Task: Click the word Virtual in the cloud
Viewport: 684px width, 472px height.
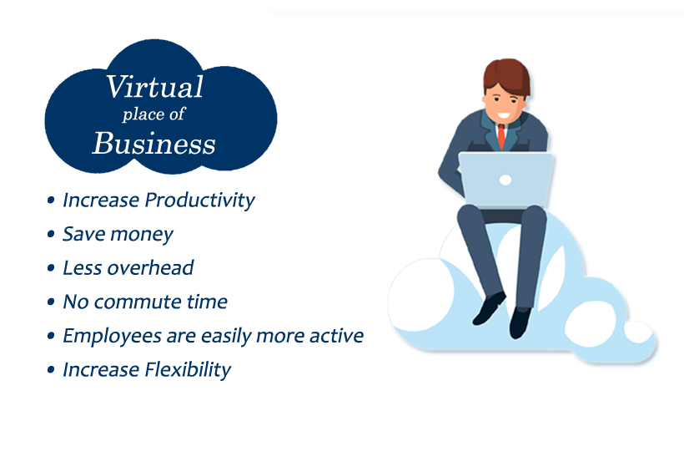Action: pyautogui.click(x=154, y=87)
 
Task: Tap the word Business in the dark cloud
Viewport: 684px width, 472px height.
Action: pyautogui.click(x=154, y=144)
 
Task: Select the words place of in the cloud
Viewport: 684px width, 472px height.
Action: pyautogui.click(x=154, y=114)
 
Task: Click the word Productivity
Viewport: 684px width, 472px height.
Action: pyautogui.click(x=200, y=200)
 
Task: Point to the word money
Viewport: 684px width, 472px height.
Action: pyautogui.click(x=142, y=235)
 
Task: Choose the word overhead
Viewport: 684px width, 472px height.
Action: pyautogui.click(x=150, y=267)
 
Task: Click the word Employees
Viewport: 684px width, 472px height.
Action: pyautogui.click(x=112, y=336)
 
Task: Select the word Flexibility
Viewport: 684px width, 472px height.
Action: pyautogui.click(x=188, y=370)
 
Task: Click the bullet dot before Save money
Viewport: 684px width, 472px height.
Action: pyautogui.click(x=51, y=234)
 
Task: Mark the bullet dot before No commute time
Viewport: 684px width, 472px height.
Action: pyautogui.click(x=51, y=302)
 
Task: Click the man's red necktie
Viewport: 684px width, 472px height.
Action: pyautogui.click(x=501, y=136)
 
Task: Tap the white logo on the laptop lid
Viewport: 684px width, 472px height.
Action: pyautogui.click(x=505, y=180)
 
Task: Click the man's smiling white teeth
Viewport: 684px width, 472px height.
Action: pyautogui.click(x=504, y=116)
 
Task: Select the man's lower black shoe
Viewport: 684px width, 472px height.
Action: pyautogui.click(x=520, y=322)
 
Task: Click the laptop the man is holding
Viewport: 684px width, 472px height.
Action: pyautogui.click(x=505, y=179)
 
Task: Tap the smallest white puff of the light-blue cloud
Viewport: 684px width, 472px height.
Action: pyautogui.click(x=638, y=332)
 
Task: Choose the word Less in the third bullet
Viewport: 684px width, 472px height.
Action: pyautogui.click(x=83, y=268)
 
